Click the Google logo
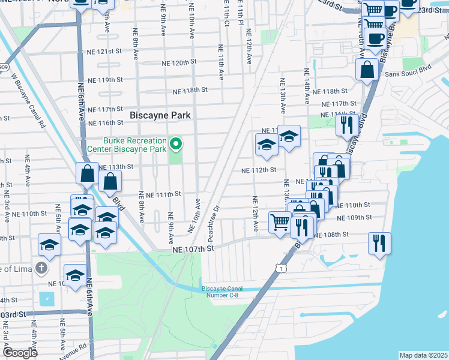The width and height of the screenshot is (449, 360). [x=20, y=352]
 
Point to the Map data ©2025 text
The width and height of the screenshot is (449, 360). [x=423, y=355]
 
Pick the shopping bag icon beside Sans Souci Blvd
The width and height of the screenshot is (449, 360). [x=367, y=69]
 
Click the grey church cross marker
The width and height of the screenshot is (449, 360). [x=41, y=267]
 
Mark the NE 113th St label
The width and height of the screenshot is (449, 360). [x=115, y=167]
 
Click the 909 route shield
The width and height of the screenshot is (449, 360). [x=4, y=51]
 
